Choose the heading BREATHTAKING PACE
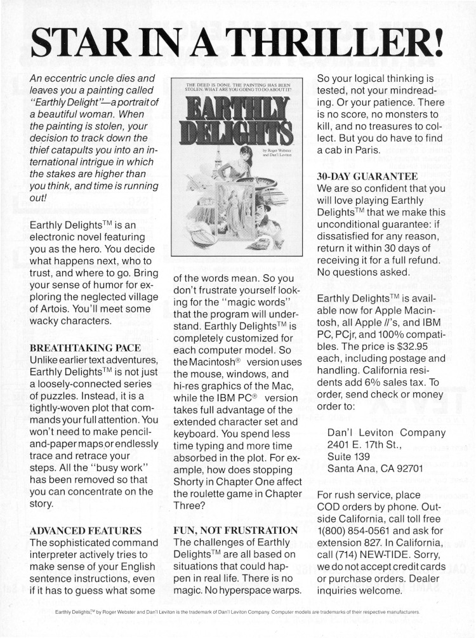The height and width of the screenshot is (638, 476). (80, 348)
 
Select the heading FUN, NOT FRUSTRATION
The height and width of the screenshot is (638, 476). (235, 529)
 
